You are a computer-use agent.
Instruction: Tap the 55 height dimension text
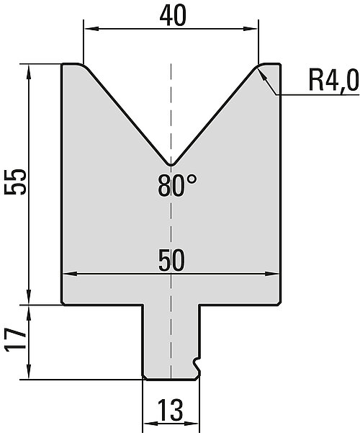(15, 182)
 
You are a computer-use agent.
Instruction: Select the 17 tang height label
(15, 340)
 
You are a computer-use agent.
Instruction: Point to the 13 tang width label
(171, 410)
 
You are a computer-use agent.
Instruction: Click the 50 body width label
(171, 260)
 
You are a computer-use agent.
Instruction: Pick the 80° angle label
(177, 186)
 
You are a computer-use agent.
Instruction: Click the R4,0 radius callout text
(333, 80)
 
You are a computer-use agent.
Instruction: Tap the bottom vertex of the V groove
(171, 166)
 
